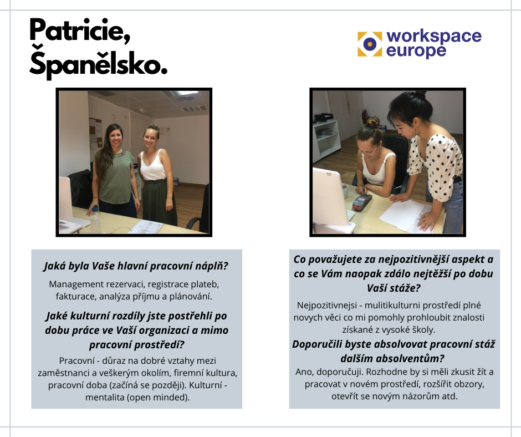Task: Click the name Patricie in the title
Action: (x=80, y=31)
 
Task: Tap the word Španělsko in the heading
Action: (x=98, y=62)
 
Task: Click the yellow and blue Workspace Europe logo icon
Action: (x=370, y=44)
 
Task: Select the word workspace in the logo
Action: (x=434, y=36)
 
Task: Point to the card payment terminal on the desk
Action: (x=362, y=201)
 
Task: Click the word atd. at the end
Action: (x=450, y=397)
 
